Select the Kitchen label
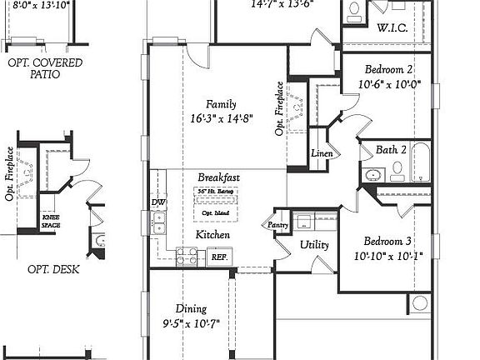212,236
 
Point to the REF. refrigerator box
219,257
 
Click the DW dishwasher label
158,202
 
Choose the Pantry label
277,225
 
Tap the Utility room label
314,245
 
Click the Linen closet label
322,154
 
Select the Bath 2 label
391,150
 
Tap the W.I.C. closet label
392,28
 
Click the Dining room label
192,308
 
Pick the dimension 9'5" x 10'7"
191,323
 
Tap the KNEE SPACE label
51,221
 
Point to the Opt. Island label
215,214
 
